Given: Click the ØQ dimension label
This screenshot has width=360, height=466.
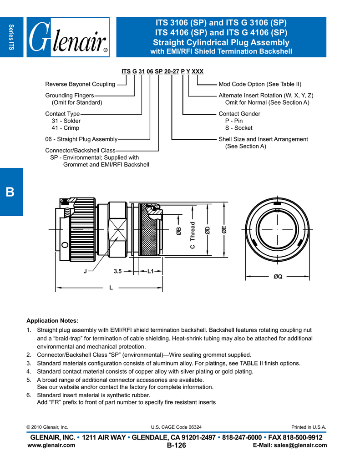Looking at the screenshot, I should point(278,276).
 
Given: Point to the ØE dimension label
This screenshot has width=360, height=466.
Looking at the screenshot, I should point(224,231).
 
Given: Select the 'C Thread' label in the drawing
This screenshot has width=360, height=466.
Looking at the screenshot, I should point(193,235).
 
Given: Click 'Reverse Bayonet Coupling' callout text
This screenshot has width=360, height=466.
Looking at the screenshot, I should point(80,84).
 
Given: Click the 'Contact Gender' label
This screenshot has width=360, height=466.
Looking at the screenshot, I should point(239,114).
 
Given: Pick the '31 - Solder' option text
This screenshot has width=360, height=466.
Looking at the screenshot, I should point(66,121).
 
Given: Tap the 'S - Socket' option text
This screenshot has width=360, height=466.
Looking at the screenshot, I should point(239,128).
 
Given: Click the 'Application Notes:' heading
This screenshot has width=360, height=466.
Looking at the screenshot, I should point(53,320).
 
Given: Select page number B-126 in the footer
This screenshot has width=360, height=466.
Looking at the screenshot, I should point(177,446).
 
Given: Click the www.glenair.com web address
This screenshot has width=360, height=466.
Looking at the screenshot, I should point(51,446).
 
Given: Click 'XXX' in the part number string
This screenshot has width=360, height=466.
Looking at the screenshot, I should point(198,71).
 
